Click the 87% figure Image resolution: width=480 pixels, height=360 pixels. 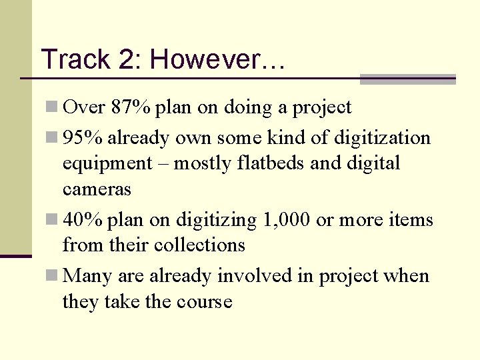(131, 107)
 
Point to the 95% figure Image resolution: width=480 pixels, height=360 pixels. (83, 138)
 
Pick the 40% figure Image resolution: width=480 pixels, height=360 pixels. (83, 219)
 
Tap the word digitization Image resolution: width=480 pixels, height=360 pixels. (382, 138)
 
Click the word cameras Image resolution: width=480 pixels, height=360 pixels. (97, 189)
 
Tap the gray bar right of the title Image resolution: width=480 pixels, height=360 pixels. (407, 79)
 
